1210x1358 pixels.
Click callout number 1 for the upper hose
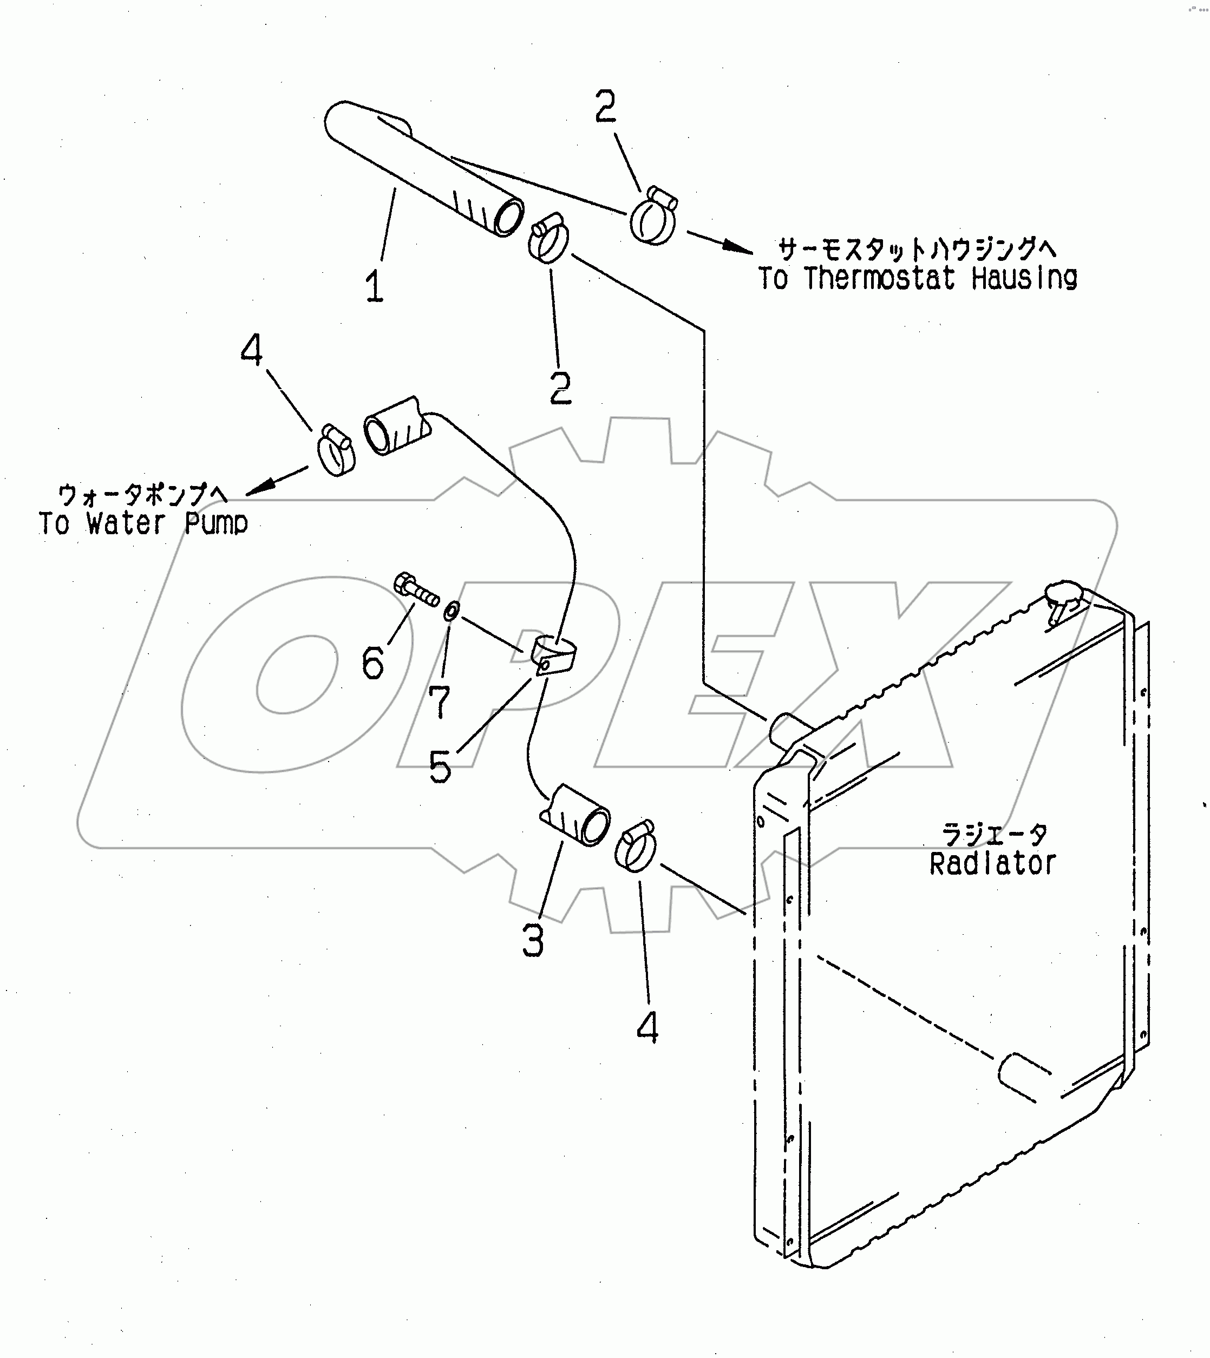374,286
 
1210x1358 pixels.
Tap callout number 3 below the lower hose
533,941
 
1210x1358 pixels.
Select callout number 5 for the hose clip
440,766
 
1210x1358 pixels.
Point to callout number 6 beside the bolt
372,662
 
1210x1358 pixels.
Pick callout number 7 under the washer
439,701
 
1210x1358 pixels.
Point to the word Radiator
992,864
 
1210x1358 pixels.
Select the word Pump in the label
216,524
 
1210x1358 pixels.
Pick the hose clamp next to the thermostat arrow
653,216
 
